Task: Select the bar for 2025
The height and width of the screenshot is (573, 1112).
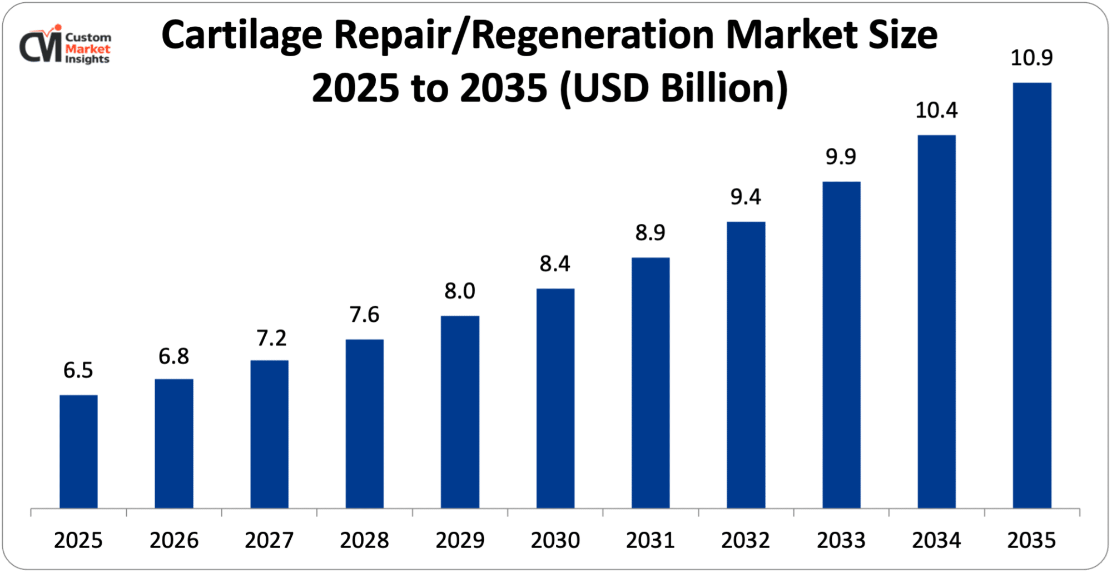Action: tap(78, 451)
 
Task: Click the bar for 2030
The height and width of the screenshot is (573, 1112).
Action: tap(555, 398)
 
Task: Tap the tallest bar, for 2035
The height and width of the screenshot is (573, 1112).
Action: tap(1031, 295)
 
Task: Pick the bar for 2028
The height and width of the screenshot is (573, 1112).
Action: tap(364, 423)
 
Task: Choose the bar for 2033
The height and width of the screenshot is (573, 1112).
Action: tap(841, 345)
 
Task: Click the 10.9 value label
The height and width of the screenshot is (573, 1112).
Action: tap(1031, 58)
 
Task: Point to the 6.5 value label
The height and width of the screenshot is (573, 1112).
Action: tap(78, 370)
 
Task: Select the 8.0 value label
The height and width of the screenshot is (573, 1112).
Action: tap(460, 291)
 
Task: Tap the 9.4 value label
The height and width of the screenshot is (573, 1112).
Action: tap(745, 197)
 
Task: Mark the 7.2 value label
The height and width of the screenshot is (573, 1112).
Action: tap(271, 338)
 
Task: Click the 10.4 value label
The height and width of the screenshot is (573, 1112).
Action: tap(936, 110)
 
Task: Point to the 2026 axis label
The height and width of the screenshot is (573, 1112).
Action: tap(173, 540)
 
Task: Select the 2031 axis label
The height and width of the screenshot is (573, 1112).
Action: tap(650, 540)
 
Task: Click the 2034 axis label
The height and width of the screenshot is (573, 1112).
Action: tap(936, 540)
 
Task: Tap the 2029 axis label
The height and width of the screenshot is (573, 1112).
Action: tap(460, 540)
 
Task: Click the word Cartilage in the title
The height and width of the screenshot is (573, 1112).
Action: tap(241, 36)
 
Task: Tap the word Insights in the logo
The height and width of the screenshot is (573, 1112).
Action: tap(87, 59)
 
